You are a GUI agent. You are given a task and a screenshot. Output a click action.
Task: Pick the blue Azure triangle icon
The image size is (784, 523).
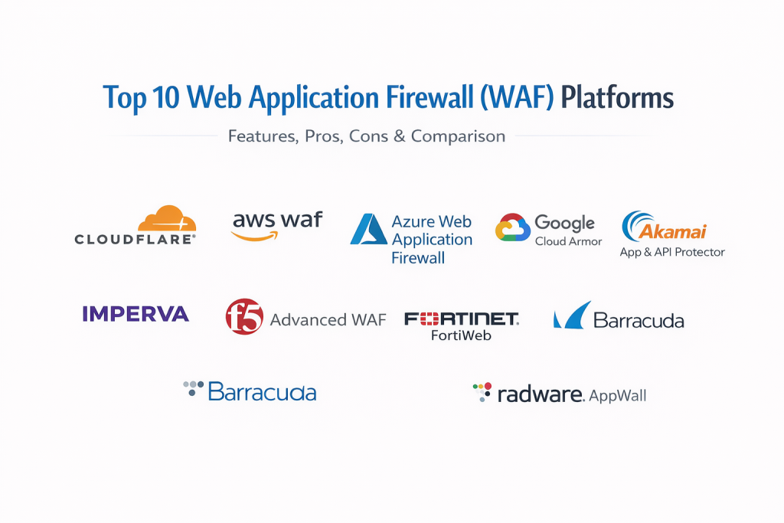coord(368,229)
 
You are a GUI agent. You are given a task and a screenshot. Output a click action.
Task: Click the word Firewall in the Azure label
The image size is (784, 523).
coord(418,258)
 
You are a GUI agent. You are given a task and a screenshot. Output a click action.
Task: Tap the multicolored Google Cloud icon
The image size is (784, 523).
coord(512,227)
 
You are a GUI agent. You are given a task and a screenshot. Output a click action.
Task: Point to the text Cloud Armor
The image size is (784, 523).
coord(568,241)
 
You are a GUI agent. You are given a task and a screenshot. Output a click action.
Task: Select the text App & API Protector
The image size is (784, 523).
coord(671,252)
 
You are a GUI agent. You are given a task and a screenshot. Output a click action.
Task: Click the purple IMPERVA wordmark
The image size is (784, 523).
coord(135,313)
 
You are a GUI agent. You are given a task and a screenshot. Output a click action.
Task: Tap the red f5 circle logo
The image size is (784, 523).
coord(244,317)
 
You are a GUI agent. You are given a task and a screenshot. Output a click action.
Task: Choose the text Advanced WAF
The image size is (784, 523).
coord(328,319)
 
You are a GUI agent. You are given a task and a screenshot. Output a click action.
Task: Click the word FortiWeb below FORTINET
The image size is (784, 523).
coord(461,335)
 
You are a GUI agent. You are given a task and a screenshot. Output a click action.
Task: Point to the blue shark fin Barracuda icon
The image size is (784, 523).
coord(572,315)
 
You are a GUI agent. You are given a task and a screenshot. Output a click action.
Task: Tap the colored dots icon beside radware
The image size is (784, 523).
coord(482,391)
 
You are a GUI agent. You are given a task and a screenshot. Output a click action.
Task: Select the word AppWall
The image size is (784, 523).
coord(619,396)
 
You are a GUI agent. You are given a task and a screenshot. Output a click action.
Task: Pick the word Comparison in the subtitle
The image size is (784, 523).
coord(458,136)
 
